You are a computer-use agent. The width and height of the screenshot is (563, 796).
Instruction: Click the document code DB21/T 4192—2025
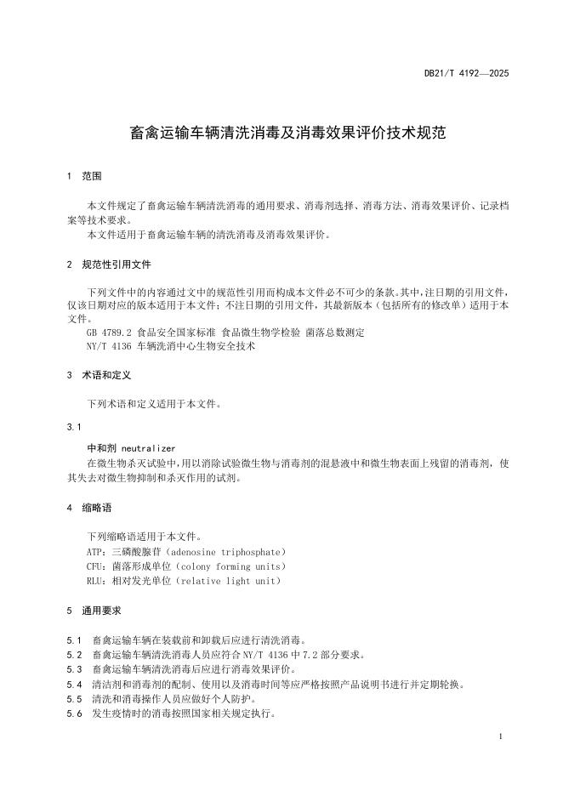(x=466, y=74)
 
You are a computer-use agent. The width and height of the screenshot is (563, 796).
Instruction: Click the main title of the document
(x=281, y=134)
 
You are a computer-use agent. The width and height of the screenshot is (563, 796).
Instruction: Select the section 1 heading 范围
(x=91, y=177)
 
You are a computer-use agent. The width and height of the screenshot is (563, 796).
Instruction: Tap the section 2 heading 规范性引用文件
(x=117, y=264)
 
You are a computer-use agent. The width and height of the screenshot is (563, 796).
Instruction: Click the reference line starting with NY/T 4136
(x=171, y=346)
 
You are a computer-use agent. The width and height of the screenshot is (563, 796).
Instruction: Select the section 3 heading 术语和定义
(x=105, y=375)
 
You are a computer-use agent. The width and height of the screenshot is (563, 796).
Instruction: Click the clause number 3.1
(x=73, y=427)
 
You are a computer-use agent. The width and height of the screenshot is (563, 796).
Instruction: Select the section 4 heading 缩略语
(x=96, y=508)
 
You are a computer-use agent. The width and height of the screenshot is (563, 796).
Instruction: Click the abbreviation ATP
(x=96, y=552)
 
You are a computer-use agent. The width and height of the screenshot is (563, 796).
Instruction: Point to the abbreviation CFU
(x=96, y=566)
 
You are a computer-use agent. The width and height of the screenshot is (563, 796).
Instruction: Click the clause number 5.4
(x=73, y=684)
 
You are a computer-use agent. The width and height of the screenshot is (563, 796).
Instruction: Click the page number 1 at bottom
(x=502, y=736)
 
